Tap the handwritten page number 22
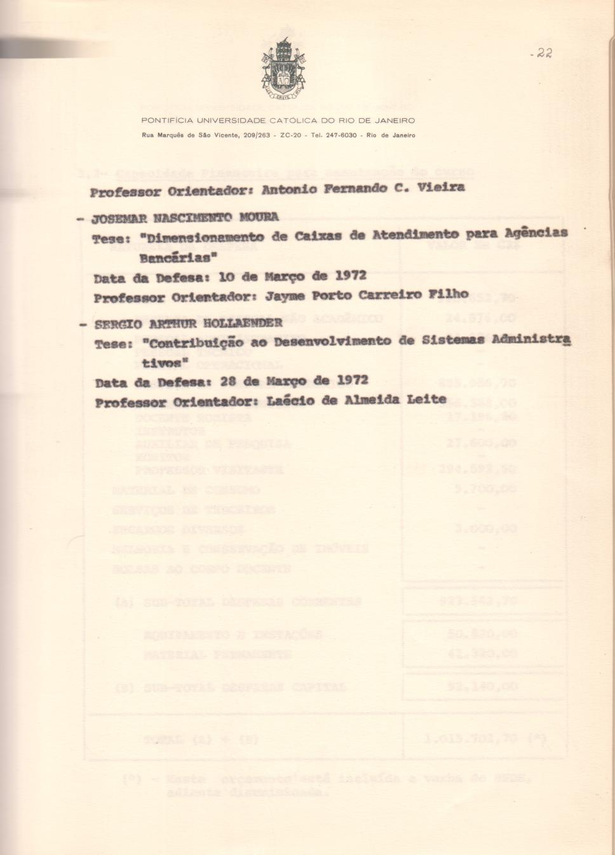point(542,53)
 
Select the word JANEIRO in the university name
point(395,120)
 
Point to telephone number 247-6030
point(342,135)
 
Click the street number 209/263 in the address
point(257,135)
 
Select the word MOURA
point(259,217)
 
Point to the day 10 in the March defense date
point(227,277)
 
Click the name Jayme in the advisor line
point(285,296)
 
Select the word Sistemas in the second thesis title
point(447,340)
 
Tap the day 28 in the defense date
point(228,381)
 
